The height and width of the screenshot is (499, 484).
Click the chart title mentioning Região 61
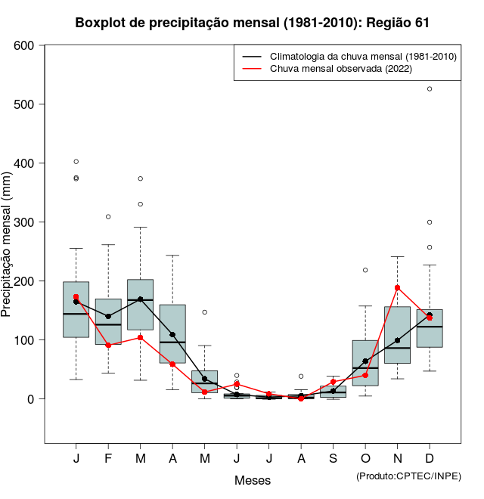253,23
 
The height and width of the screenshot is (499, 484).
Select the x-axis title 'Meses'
253,480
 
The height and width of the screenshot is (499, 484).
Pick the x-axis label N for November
397,459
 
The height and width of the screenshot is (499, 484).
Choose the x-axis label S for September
333,459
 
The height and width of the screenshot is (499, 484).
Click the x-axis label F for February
108,459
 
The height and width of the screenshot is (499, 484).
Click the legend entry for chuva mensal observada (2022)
337,69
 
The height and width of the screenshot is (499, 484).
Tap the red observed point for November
397,288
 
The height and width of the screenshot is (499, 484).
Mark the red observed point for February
108,346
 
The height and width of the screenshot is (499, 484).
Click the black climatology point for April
172,335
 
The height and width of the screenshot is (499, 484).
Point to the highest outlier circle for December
430,89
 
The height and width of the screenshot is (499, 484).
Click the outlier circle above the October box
365,270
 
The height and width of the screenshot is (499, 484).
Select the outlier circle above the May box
204,312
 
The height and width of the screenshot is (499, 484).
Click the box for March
140,305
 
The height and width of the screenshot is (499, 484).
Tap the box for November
397,335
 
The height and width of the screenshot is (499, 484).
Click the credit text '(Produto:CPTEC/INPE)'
408,476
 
